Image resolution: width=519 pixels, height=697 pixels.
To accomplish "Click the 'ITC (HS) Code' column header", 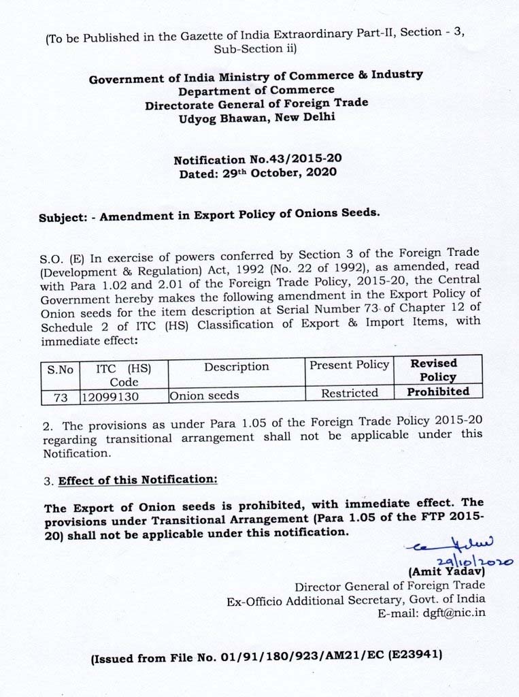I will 123,375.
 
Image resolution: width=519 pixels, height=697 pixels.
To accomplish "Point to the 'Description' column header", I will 236,367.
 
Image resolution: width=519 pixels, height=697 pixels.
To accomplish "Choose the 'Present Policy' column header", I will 349,365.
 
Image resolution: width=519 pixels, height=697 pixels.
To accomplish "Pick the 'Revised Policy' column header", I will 437,370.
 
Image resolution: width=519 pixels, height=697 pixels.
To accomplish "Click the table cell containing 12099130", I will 110,395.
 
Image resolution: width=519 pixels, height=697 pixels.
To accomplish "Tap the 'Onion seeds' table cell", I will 204,395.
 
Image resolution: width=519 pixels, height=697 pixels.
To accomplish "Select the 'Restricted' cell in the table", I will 349,393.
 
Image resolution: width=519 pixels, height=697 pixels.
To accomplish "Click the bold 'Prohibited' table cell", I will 437,392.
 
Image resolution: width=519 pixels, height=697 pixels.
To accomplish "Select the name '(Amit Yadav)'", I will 446,572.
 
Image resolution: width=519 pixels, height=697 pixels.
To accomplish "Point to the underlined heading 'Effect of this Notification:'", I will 138,480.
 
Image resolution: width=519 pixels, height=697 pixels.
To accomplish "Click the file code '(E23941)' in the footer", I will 416,656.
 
